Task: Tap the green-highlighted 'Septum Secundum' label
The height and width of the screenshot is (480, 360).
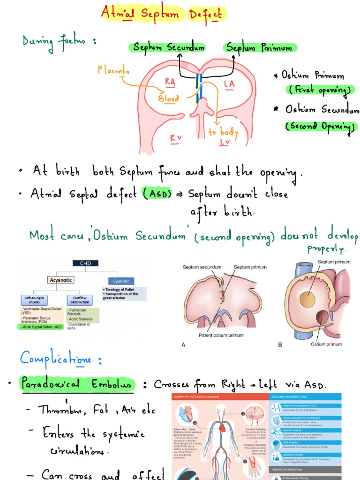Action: pyautogui.click(x=168, y=47)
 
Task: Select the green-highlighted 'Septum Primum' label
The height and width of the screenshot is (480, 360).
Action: pyautogui.click(x=259, y=47)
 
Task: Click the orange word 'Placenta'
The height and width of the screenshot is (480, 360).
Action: pyautogui.click(x=114, y=71)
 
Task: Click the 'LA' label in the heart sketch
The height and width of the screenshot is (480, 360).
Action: pyautogui.click(x=229, y=83)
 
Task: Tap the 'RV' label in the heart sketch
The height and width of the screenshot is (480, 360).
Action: pyautogui.click(x=176, y=137)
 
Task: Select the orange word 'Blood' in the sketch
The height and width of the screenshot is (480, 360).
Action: pyautogui.click(x=168, y=99)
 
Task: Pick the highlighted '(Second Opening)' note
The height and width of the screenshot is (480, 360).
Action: pyautogui.click(x=319, y=126)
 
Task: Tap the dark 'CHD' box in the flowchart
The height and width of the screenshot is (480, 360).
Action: pyautogui.click(x=85, y=263)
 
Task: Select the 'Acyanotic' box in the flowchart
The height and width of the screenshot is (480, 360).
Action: pyautogui.click(x=61, y=280)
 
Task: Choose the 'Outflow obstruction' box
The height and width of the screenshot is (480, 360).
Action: pyautogui.click(x=81, y=300)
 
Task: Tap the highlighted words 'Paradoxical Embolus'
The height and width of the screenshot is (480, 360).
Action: pyautogui.click(x=77, y=384)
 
